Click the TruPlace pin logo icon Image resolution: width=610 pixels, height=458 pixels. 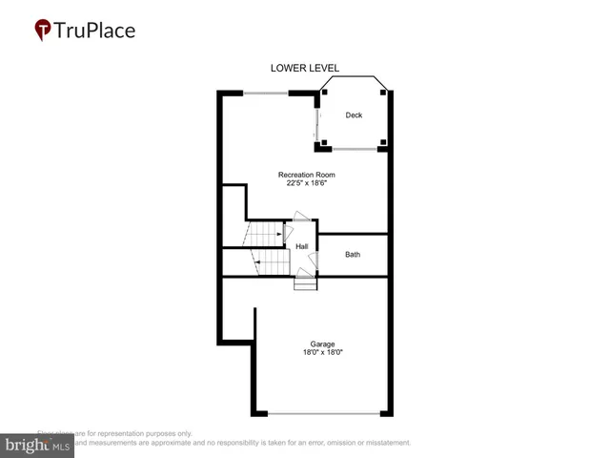[x=44, y=31]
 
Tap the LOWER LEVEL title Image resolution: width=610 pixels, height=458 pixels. [x=305, y=68]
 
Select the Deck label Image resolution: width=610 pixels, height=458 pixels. [x=354, y=115]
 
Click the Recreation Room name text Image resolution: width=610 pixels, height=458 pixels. [x=306, y=175]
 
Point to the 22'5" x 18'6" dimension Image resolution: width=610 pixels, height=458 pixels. [x=306, y=184]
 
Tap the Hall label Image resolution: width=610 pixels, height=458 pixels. [x=301, y=246]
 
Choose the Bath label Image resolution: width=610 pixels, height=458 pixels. [x=353, y=255]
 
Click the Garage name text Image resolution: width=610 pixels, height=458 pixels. [x=321, y=343]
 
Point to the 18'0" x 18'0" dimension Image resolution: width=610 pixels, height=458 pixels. [x=321, y=353]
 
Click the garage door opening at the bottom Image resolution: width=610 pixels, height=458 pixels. [x=323, y=414]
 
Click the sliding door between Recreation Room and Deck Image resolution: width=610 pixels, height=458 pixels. [x=317, y=120]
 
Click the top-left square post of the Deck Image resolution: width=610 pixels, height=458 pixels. [x=326, y=93]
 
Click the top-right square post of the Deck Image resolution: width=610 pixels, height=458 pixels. [x=383, y=93]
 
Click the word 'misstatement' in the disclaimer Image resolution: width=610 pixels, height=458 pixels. [x=384, y=443]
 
